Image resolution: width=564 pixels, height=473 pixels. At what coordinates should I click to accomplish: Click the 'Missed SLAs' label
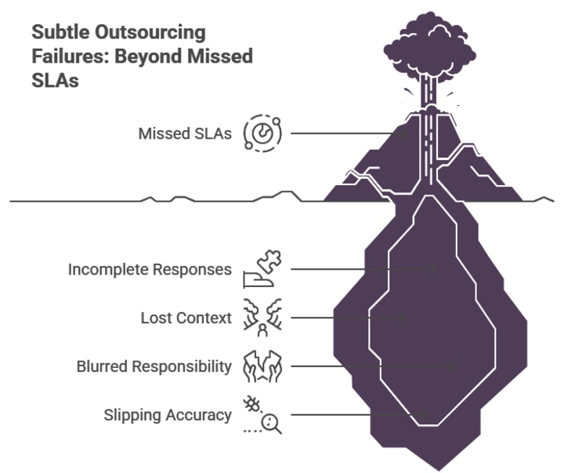[185, 134]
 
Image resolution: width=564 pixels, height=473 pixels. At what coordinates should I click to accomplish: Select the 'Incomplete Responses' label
[150, 270]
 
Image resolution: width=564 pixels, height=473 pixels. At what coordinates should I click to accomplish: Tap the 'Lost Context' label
[186, 318]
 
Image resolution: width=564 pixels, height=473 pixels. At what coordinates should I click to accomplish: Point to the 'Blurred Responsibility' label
[154, 366]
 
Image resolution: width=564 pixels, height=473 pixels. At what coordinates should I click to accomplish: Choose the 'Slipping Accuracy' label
[168, 414]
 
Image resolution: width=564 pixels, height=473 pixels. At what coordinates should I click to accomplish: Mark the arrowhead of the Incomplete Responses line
[434, 269]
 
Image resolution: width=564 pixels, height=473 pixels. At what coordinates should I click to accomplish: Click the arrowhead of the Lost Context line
[404, 318]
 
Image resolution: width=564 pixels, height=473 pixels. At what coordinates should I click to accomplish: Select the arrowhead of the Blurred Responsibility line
[453, 366]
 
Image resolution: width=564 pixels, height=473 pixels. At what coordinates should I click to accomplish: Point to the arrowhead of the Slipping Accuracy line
[423, 413]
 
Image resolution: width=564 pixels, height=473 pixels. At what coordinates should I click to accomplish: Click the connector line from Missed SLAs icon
[345, 133]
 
